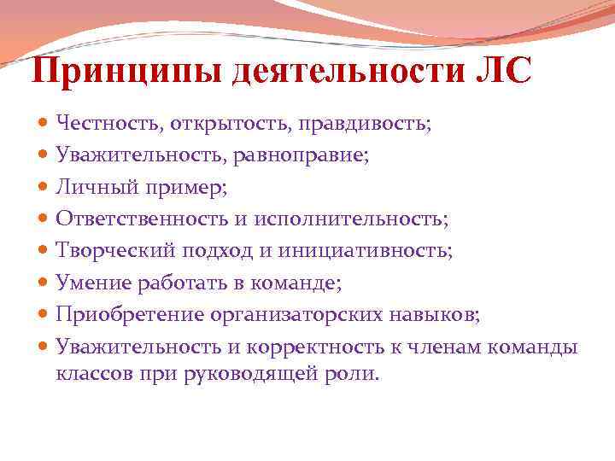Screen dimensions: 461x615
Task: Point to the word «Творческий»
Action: click(x=108, y=251)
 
